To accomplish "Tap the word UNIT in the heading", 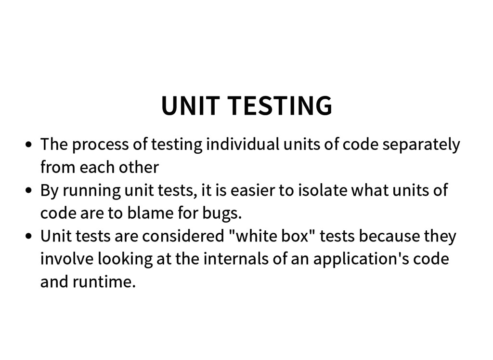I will point(190,106).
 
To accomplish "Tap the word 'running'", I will point(91,191).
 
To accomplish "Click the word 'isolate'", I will point(323,190).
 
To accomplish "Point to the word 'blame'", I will point(146,213).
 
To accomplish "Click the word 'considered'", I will point(183,237).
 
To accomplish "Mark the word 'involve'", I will point(67,259).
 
